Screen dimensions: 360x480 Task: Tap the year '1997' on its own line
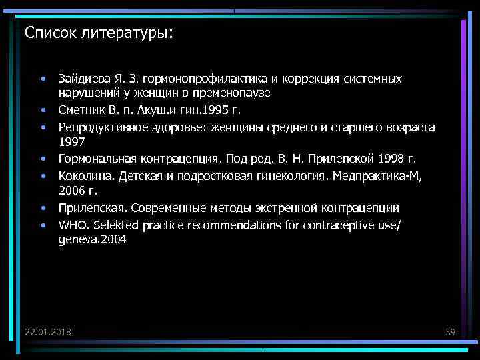(71, 141)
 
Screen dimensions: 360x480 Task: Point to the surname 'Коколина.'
(83, 176)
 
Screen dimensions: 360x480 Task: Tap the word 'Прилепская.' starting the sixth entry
(87, 208)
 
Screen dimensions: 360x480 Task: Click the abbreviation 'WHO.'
(71, 225)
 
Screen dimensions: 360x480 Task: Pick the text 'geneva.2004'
(91, 239)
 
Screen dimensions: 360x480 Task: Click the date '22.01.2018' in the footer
(48, 332)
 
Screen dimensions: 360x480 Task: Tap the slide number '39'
(449, 332)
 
